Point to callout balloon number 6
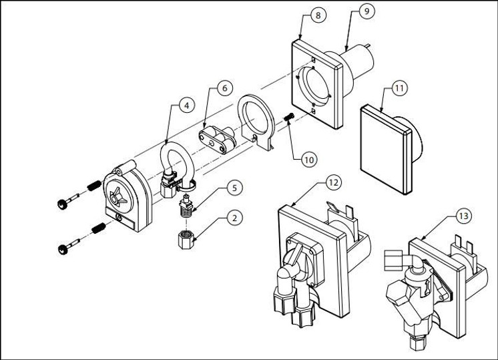(224, 87)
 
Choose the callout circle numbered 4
(187, 105)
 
